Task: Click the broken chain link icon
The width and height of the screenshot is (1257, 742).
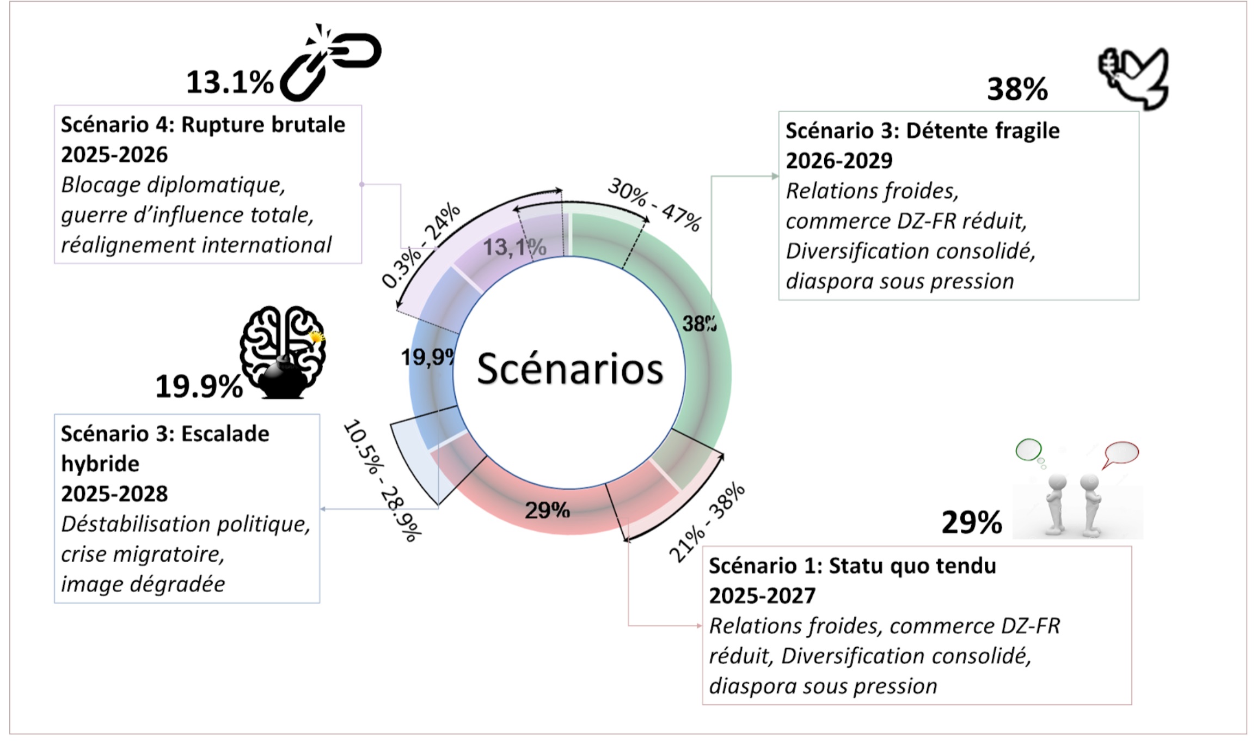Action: click(x=330, y=63)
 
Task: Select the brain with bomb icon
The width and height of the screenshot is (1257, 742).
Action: click(x=283, y=351)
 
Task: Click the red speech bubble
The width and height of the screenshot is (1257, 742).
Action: click(x=1121, y=453)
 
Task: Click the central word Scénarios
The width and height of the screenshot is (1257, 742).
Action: click(x=570, y=369)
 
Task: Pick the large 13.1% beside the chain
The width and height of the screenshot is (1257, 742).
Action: click(x=230, y=83)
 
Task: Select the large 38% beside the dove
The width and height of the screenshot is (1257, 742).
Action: click(x=1017, y=89)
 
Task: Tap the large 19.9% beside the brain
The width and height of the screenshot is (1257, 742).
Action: click(x=199, y=387)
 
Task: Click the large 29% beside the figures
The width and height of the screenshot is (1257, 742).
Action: click(x=972, y=522)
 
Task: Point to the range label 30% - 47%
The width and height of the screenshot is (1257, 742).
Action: click(x=654, y=205)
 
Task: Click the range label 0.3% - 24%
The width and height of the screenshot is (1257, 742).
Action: click(x=420, y=246)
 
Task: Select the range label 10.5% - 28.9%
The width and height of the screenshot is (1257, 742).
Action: click(x=382, y=481)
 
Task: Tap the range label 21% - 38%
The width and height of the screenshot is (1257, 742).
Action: click(x=707, y=522)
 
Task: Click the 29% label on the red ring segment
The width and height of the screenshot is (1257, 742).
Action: click(x=547, y=510)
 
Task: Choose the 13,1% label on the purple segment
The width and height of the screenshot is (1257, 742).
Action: click(x=514, y=248)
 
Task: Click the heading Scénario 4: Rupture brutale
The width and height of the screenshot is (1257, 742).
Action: click(x=203, y=125)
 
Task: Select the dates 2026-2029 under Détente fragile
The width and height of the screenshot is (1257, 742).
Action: click(x=839, y=161)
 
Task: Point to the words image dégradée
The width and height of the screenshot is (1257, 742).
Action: click(x=143, y=584)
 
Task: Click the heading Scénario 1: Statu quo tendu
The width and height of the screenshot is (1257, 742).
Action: click(x=852, y=566)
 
